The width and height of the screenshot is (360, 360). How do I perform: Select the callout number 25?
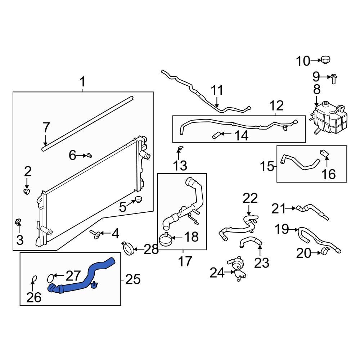132,279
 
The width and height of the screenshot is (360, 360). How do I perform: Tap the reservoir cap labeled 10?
326,59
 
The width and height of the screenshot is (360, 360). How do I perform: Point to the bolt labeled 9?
333,78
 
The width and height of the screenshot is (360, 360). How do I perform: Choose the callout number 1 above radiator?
82,82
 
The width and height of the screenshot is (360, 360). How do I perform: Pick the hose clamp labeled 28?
129,248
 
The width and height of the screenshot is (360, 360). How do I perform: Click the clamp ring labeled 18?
166,239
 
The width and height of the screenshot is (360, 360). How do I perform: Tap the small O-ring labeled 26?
33,279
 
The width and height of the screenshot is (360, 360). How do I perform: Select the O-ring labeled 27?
51,278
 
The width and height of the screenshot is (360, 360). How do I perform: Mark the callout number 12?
276,106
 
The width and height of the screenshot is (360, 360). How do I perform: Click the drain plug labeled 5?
139,199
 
